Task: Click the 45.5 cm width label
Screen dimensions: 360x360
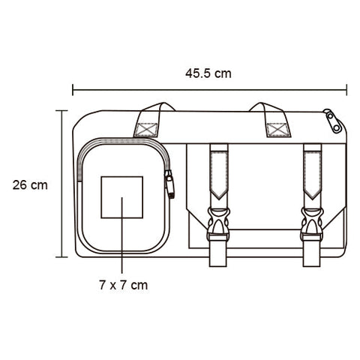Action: [208, 73]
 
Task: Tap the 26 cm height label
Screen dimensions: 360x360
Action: [30, 185]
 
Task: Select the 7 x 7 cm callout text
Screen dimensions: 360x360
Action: [124, 285]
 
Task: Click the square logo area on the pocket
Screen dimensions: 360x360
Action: [122, 197]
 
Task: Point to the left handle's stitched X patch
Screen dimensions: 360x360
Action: [146, 130]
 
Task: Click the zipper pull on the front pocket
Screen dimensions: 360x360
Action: [169, 184]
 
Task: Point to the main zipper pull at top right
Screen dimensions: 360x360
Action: [333, 120]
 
